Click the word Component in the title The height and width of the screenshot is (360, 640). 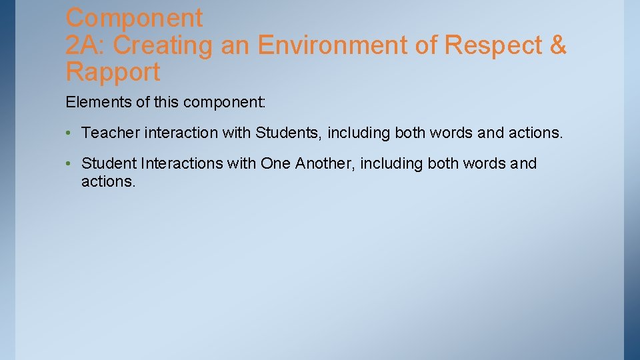point(134,17)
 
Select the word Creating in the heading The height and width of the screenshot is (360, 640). point(163,45)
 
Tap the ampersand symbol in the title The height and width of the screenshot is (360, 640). point(557,45)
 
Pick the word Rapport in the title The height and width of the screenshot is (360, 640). point(113,72)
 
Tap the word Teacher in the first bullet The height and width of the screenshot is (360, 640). point(110,133)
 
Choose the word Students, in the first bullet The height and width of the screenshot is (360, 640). point(289,133)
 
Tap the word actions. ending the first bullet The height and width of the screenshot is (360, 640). point(535,133)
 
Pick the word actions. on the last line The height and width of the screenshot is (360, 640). point(108,181)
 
